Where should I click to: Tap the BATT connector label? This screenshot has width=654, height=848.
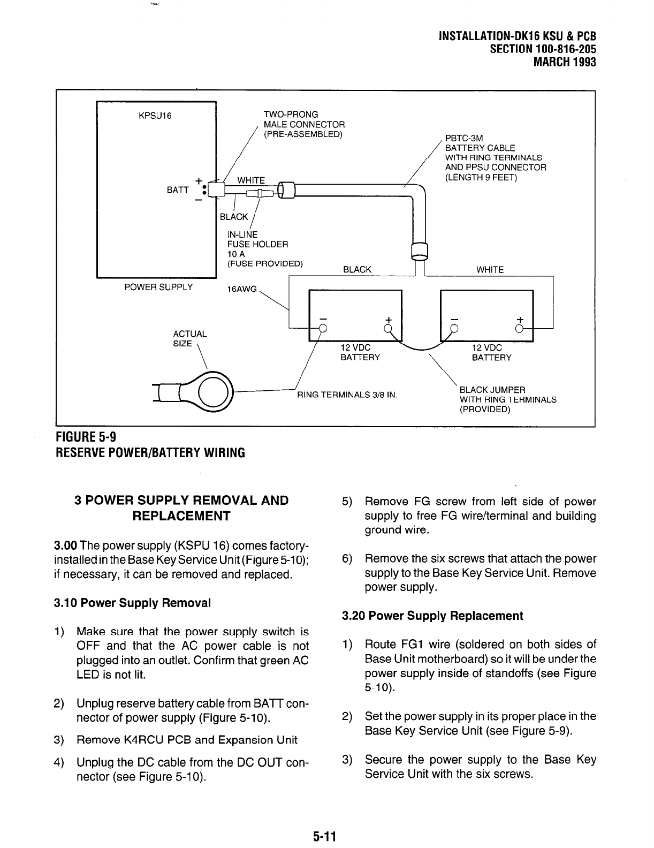pos(177,190)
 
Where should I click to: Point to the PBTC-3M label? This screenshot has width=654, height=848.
pos(464,138)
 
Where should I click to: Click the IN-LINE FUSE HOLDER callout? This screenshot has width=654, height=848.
pos(258,244)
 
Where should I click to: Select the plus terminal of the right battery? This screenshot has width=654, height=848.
pos(520,328)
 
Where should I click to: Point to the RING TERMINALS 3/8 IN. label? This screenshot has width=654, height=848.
pos(347,395)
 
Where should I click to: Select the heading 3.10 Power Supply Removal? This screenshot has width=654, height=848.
pos(132,603)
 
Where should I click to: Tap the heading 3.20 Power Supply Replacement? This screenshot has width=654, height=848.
pos(432,616)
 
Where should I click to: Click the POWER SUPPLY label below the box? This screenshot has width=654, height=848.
pos(158,287)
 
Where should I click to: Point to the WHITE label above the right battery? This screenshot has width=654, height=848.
pos(490,270)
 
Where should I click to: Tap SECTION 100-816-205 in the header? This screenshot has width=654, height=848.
pos(543,49)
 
